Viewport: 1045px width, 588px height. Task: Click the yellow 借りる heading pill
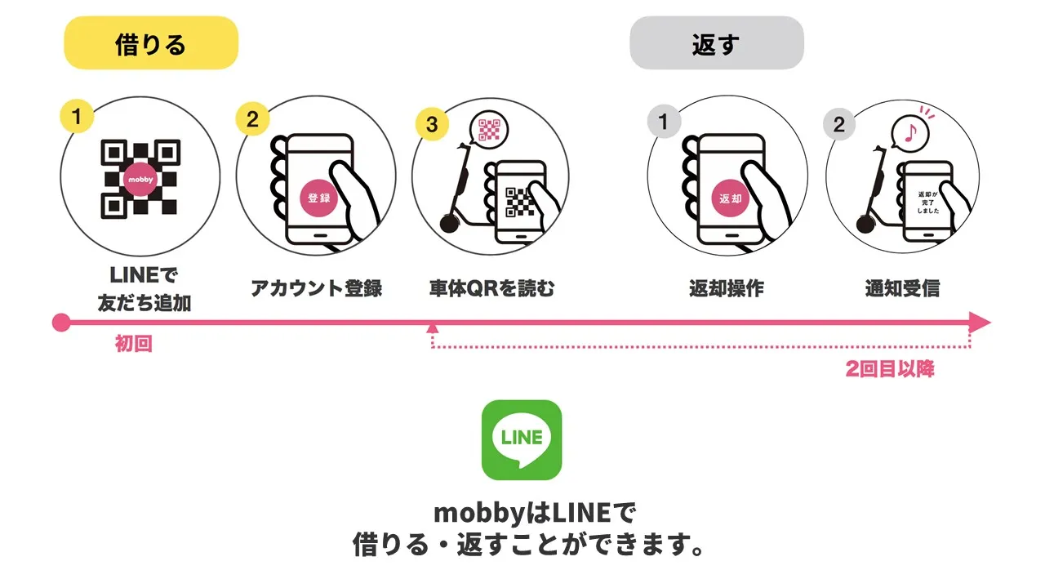151,43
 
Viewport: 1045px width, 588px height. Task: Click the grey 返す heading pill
716,43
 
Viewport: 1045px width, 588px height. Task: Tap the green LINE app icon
522,439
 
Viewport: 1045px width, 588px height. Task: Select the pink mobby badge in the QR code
140,179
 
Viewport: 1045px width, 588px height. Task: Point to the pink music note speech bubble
909,131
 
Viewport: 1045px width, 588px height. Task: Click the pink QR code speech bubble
489,129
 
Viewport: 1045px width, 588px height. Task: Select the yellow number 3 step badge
432,124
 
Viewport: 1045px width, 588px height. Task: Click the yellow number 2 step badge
252,120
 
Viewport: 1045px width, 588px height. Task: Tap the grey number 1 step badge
664,122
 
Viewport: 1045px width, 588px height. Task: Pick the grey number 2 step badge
839,125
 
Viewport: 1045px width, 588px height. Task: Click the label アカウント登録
316,288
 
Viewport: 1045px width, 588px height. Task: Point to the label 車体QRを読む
491,288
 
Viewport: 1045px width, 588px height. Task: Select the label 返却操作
726,288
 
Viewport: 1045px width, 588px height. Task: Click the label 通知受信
902,288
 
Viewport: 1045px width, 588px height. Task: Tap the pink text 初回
134,345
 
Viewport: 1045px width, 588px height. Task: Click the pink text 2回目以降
889,369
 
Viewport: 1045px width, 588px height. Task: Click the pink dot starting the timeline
61,323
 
